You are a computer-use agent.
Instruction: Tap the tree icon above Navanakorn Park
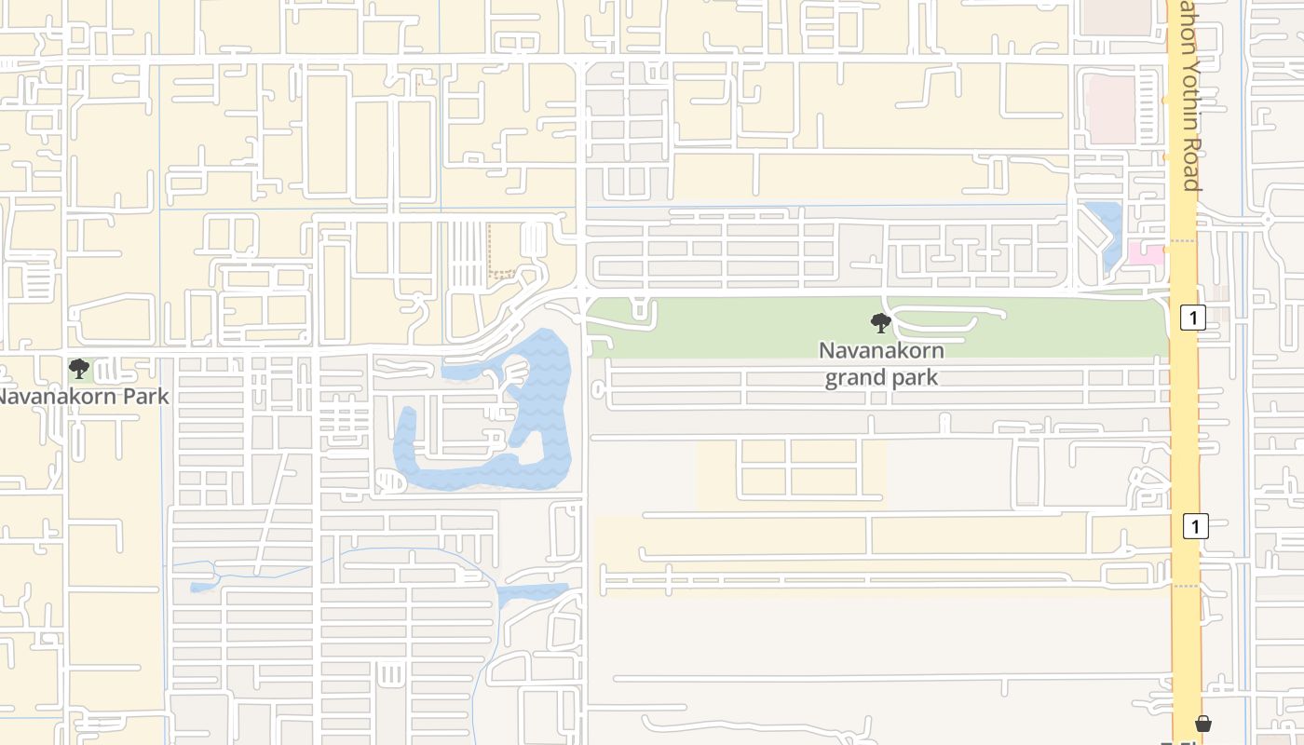(x=80, y=369)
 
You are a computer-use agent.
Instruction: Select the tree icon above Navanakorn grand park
(x=880, y=323)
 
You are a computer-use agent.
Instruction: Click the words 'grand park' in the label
(x=881, y=378)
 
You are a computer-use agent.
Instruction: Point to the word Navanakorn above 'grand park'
(x=881, y=351)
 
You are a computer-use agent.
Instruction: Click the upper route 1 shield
(x=1192, y=317)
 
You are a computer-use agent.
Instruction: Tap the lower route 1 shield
(x=1195, y=526)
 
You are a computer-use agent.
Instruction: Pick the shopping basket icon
(x=1203, y=724)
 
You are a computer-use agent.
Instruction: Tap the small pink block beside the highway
(x=1146, y=252)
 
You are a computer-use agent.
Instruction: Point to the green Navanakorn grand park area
(x=745, y=326)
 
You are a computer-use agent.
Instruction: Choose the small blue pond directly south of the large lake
(x=531, y=593)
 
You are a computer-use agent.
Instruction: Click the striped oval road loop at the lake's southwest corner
(x=391, y=481)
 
